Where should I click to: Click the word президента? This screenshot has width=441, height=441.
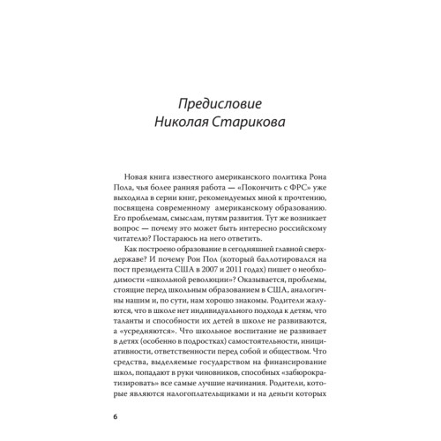tap(140, 258)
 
